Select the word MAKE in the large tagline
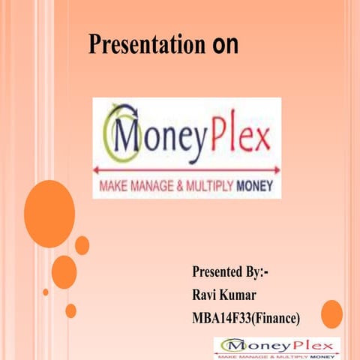[113, 184]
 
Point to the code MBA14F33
[219, 319]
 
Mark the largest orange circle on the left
[49, 214]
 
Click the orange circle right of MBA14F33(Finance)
[331, 313]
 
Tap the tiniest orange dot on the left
[46, 292]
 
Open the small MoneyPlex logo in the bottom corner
[277, 346]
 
